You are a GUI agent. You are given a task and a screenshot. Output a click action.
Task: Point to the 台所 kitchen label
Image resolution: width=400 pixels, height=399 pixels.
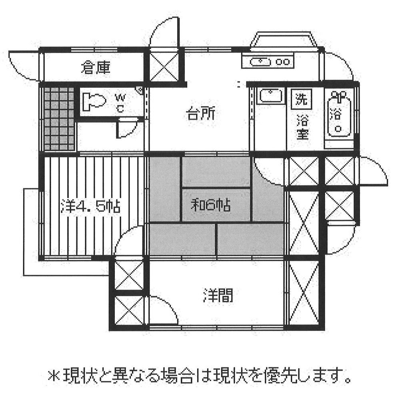click(x=201, y=115)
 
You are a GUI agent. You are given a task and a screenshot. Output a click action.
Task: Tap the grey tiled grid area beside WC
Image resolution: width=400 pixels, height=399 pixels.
click(x=59, y=119)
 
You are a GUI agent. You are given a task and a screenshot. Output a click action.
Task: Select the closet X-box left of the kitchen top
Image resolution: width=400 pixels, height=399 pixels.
click(x=164, y=67)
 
